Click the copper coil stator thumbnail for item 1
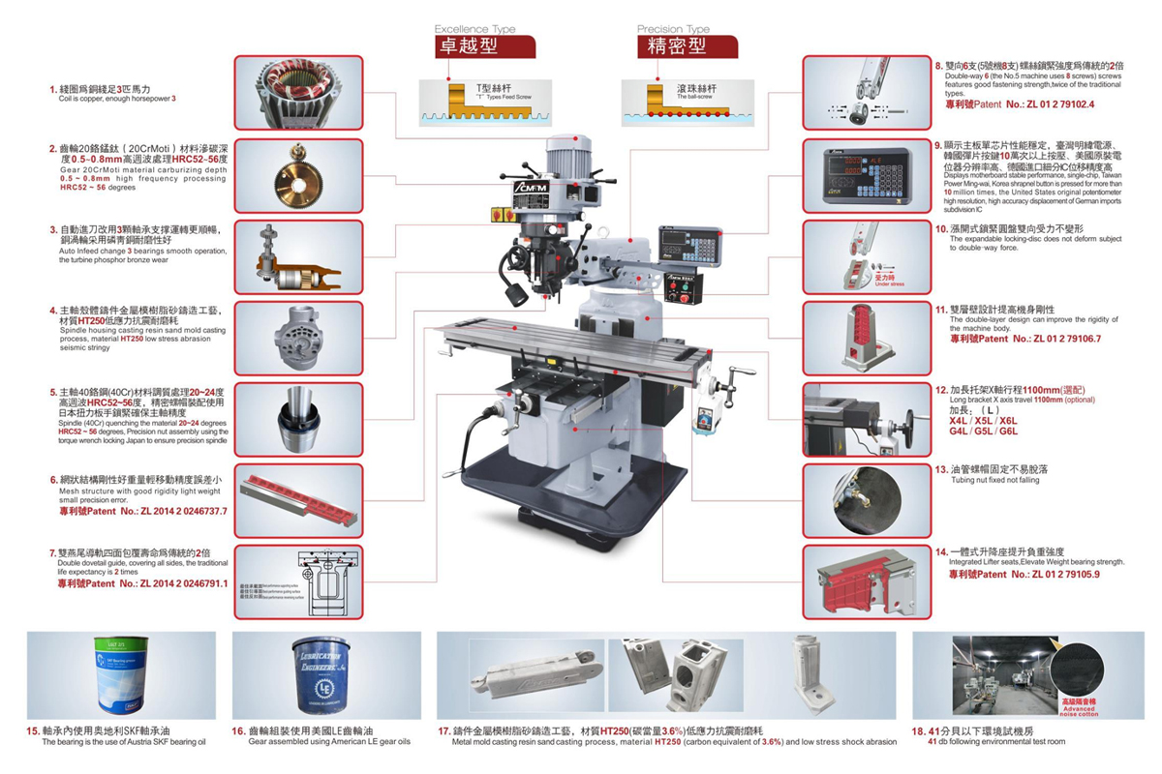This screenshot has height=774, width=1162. click(298, 93)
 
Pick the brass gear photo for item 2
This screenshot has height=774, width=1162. click(298, 175)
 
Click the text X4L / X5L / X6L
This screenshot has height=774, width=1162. click(983, 421)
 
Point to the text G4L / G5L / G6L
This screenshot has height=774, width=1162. click(983, 432)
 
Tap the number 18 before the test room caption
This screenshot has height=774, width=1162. click(917, 730)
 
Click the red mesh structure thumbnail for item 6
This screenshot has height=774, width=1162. click(298, 497)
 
